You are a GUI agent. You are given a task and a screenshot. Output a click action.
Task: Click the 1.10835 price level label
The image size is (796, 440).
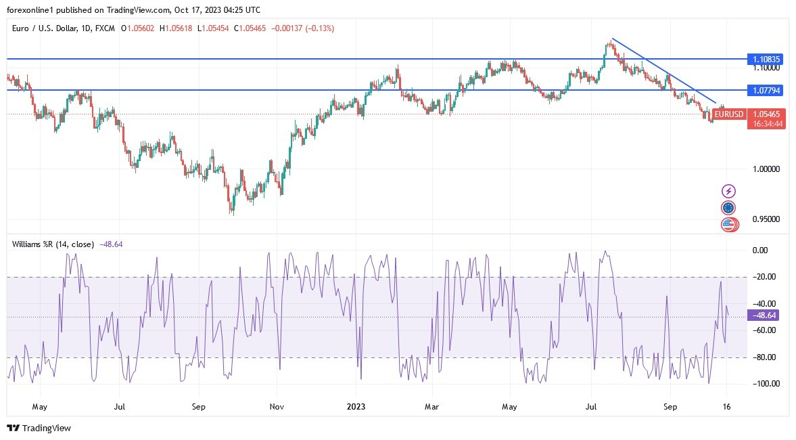tap(766, 60)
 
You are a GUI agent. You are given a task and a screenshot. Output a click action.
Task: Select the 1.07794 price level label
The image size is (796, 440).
tap(766, 90)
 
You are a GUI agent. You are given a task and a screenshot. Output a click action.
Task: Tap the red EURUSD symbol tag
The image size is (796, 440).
tap(729, 114)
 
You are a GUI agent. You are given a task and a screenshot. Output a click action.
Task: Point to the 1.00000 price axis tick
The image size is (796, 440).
tap(766, 169)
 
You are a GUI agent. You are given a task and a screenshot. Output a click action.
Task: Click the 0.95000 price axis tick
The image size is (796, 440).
tap(766, 219)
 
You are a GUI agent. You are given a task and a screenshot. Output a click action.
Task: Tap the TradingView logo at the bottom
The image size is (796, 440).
tap(39, 428)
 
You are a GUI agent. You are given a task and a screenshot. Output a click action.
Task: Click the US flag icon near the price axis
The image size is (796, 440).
tap(728, 224)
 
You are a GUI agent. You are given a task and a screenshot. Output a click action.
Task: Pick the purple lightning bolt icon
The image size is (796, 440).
tap(728, 191)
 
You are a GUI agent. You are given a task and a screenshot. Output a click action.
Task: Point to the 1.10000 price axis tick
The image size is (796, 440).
tap(766, 68)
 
